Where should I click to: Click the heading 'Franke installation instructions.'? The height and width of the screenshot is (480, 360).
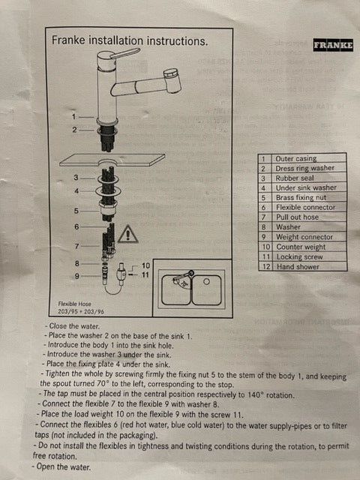(x=130, y=42)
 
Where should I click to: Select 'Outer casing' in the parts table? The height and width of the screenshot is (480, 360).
(x=296, y=159)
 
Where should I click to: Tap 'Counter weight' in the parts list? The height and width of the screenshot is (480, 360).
(x=300, y=247)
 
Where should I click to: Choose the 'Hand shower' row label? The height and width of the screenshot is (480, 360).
(x=298, y=266)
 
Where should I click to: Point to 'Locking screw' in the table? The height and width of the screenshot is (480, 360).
(x=299, y=256)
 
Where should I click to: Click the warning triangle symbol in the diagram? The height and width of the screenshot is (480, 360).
(x=128, y=234)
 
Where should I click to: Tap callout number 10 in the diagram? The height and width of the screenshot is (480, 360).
(x=145, y=266)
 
